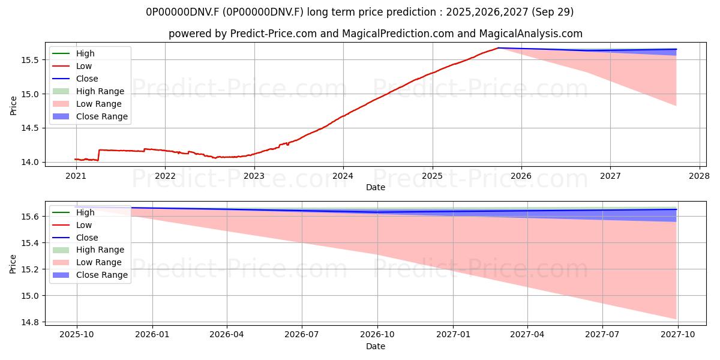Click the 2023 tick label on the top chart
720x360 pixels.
pyautogui.click(x=254, y=176)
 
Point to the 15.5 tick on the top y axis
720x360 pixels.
pyautogui.click(x=30, y=60)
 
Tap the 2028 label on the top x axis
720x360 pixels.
pyautogui.click(x=700, y=176)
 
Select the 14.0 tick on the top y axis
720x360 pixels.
pyautogui.click(x=30, y=163)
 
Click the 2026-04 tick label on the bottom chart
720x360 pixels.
pyautogui.click(x=227, y=334)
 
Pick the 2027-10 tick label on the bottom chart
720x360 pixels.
pyautogui.click(x=678, y=334)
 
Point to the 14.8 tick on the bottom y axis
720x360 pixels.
pyautogui.click(x=30, y=322)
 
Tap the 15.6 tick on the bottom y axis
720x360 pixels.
pyautogui.click(x=30, y=217)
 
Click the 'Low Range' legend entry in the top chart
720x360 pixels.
pyautogui.click(x=87, y=104)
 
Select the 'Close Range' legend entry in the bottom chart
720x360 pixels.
pyautogui.click(x=90, y=275)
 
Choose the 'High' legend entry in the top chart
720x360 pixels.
pyautogui.click(x=74, y=53)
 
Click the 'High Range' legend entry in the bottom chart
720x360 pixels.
pyautogui.click(x=88, y=250)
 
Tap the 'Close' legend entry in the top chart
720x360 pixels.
pyautogui.click(x=75, y=79)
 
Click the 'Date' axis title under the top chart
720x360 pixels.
pyautogui.click(x=376, y=187)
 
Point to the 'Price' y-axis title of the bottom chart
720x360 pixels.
pyautogui.click(x=13, y=264)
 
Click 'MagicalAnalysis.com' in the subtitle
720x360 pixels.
pyautogui.click(x=530, y=34)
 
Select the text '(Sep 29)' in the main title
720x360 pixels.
pyautogui.click(x=553, y=12)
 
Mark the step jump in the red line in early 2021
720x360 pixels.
pyautogui.click(x=98, y=155)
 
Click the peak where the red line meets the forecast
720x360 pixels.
pyautogui.click(x=498, y=48)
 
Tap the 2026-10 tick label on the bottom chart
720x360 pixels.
pyautogui.click(x=377, y=334)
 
